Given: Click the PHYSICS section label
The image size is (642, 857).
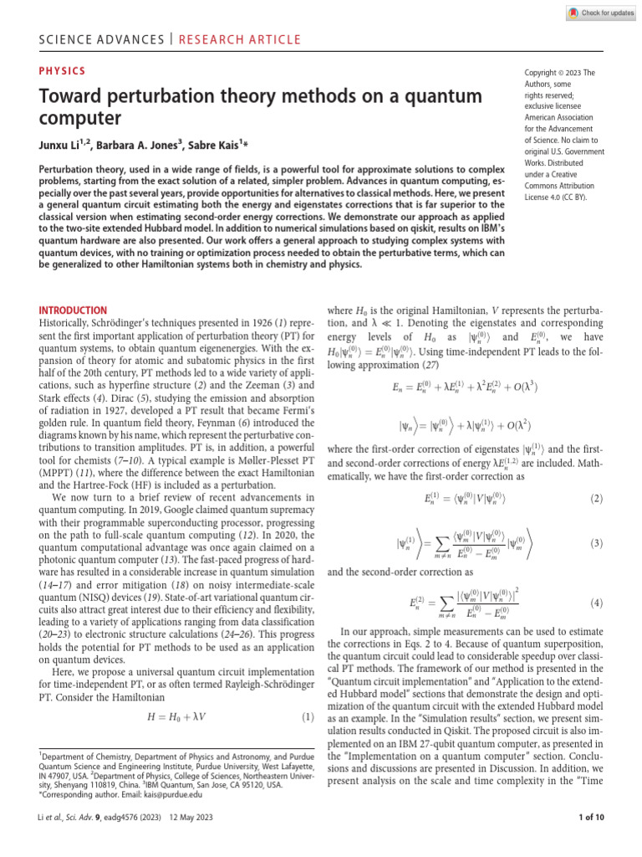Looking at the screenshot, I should (63, 72).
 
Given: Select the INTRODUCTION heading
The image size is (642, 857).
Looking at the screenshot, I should (74, 310).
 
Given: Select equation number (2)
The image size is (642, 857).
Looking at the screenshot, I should (596, 499).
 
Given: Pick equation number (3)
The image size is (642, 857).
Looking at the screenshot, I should (596, 543).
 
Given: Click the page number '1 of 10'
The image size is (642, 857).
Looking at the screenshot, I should (586, 841).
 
